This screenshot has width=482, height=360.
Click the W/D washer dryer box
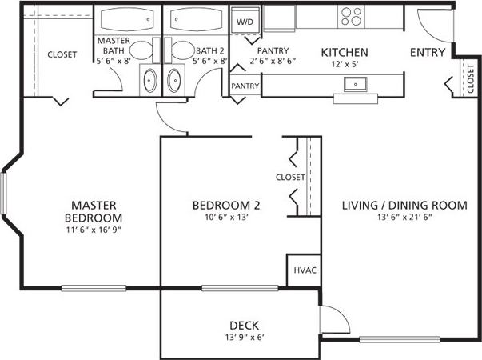click(x=243, y=22)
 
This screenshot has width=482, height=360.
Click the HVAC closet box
click(x=304, y=270)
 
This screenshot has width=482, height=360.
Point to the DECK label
click(x=243, y=325)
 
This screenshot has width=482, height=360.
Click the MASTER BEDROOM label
click(x=94, y=211)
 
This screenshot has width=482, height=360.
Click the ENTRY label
click(x=428, y=53)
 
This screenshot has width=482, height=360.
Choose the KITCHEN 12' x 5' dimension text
click(x=345, y=66)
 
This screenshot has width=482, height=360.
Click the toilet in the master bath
click(x=141, y=51)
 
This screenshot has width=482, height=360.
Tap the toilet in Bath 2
click(x=180, y=51)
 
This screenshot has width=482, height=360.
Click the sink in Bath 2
click(x=175, y=80)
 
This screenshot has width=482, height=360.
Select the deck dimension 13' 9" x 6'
click(x=243, y=337)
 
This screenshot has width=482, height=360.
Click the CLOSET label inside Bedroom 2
click(x=289, y=177)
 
